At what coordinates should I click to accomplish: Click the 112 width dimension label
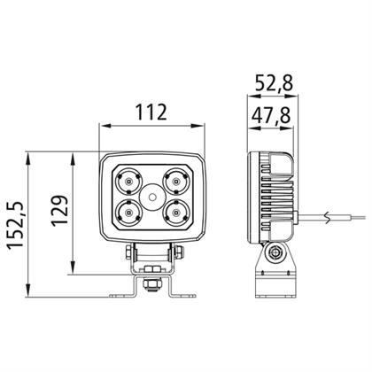151,112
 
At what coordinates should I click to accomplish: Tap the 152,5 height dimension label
15,226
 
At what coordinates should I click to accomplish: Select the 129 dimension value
60,211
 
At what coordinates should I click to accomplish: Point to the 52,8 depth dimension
274,83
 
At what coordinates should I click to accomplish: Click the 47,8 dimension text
271,115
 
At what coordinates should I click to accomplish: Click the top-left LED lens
128,181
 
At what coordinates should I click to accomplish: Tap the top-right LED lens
176,181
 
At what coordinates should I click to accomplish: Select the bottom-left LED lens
128,212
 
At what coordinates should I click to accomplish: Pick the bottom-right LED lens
176,212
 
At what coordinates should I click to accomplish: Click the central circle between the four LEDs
152,197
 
